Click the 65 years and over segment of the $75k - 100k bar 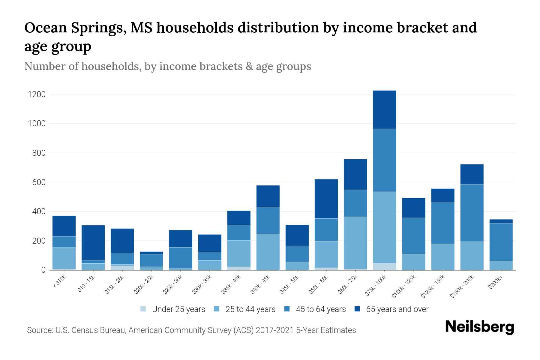[x=384, y=109]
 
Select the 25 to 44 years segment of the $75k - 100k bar [x=384, y=227]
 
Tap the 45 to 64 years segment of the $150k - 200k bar [x=472, y=213]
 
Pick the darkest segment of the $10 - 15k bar [x=93, y=242]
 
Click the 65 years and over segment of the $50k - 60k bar [x=326, y=199]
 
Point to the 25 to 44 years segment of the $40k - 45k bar [x=268, y=252]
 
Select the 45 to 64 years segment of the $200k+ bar [x=501, y=242]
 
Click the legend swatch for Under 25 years [x=143, y=309]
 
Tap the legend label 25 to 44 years [x=250, y=309]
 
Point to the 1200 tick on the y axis [x=37, y=94]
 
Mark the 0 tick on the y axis [x=43, y=270]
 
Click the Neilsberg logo [x=479, y=327]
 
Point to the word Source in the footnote [x=39, y=330]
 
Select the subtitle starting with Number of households [x=167, y=66]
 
